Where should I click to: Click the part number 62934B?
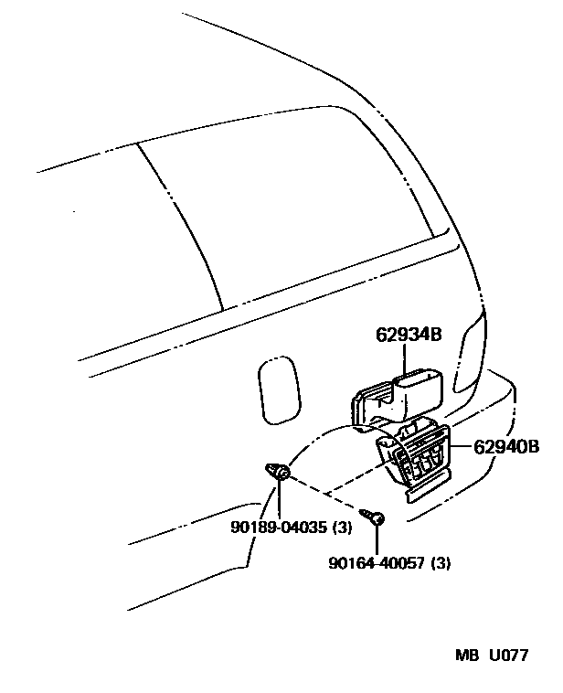[408, 335]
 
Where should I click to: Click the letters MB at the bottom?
[467, 656]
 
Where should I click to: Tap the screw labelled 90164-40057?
[376, 517]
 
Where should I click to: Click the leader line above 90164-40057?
[376, 538]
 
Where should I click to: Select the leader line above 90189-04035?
[279, 500]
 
